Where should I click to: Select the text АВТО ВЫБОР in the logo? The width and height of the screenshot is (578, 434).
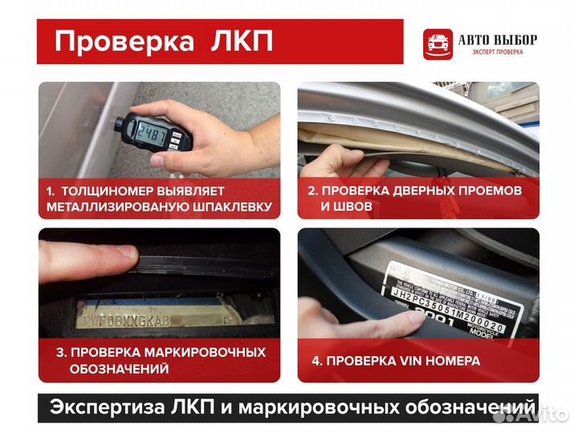[498, 39]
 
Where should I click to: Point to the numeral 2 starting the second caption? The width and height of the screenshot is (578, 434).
[311, 190]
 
